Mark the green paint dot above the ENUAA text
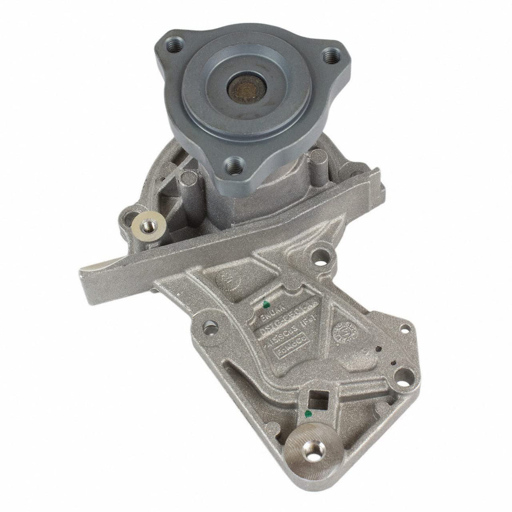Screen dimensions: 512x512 click(266, 304)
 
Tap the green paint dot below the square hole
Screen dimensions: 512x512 click(309, 412)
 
